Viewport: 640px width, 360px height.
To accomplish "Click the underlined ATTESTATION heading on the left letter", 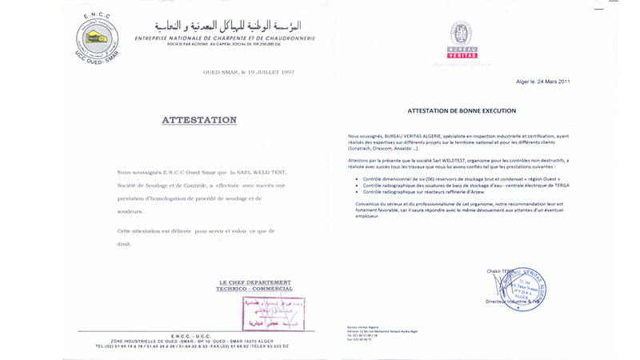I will click(x=199, y=120).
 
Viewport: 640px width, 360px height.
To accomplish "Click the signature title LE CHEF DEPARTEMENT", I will click(x=255, y=282).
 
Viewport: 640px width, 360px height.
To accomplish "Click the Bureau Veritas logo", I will click(x=463, y=40).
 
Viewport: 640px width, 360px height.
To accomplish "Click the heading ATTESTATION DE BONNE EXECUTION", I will click(x=462, y=110).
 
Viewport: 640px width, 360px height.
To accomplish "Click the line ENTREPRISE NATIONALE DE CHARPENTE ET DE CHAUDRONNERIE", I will click(x=225, y=38).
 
